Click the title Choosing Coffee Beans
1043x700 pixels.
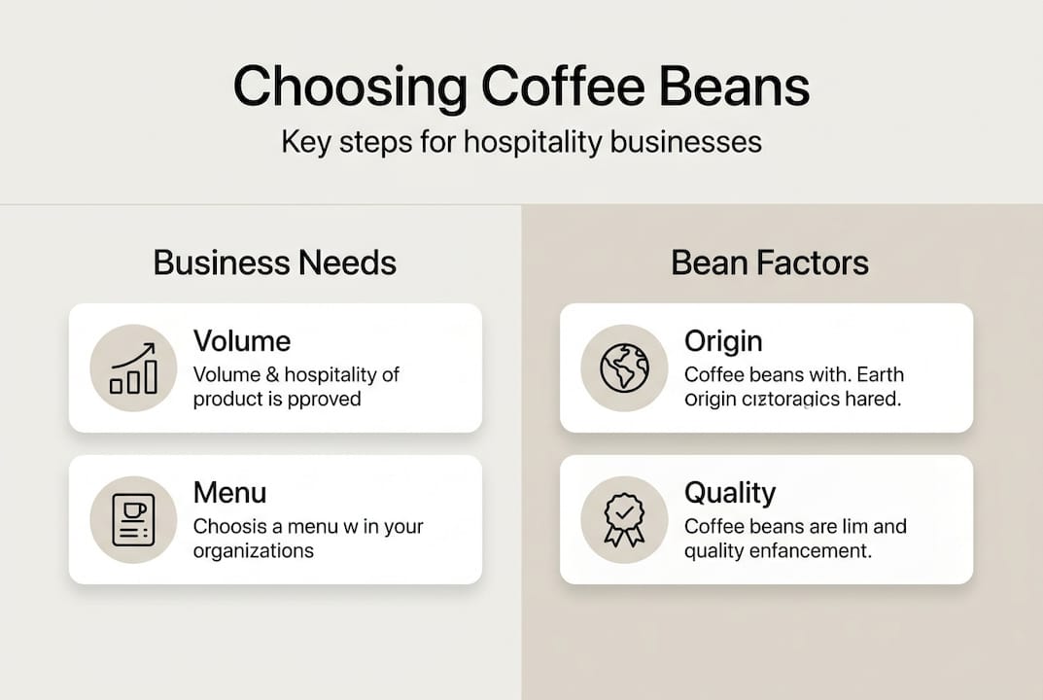(521, 87)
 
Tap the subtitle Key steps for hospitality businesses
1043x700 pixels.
(521, 142)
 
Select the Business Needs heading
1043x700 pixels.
(275, 262)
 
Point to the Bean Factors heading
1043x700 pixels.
(770, 262)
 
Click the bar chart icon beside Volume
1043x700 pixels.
(133, 367)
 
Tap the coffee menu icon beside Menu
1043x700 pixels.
(133, 519)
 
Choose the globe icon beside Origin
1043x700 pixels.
(624, 367)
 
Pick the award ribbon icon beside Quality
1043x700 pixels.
(624, 519)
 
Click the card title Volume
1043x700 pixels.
(241, 341)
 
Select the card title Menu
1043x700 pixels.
(229, 492)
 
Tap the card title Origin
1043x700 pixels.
(723, 341)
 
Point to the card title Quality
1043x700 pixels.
(730, 493)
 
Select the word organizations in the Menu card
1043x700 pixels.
(253, 551)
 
